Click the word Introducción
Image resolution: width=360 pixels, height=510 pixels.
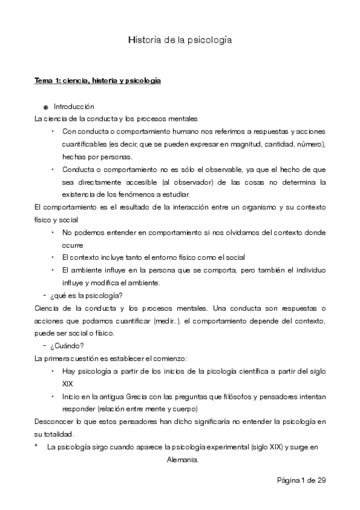(x=74, y=106)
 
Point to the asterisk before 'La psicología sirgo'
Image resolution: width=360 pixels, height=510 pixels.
(x=37, y=447)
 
